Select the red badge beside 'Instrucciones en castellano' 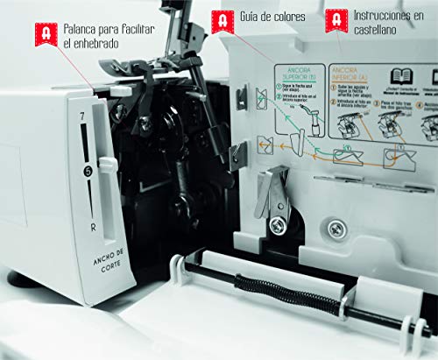coord(336,20)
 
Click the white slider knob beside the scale coord(107,164)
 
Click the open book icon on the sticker coord(402,74)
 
